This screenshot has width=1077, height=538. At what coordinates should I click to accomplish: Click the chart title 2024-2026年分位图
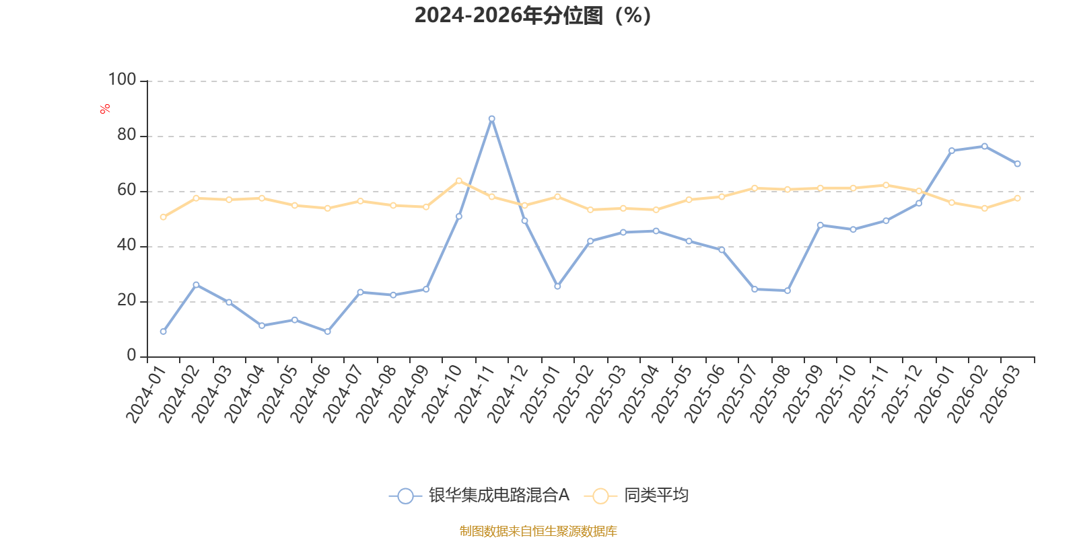pos(532,15)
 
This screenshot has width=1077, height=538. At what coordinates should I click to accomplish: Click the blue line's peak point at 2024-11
pos(492,118)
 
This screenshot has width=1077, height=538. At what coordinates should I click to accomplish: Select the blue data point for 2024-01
pos(164,332)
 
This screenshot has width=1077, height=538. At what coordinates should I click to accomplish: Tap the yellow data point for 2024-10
pos(459,180)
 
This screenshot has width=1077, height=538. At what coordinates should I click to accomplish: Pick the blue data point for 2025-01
pos(557,286)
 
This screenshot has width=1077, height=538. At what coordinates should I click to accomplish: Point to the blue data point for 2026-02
pos(985,146)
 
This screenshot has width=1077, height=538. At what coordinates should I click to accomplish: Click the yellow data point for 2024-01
pos(164,217)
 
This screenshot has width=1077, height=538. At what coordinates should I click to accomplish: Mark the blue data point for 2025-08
pos(788,291)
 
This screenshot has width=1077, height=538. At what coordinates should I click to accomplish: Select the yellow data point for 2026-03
pos(1018,198)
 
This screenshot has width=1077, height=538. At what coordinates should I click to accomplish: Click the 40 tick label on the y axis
pos(126,245)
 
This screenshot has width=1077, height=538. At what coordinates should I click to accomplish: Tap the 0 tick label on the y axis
pos(131,356)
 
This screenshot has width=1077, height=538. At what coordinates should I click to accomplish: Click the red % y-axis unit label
pos(104,109)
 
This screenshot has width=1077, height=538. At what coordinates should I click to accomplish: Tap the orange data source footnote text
pos(538,531)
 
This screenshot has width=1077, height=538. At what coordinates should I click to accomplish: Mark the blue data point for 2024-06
pos(328,332)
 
